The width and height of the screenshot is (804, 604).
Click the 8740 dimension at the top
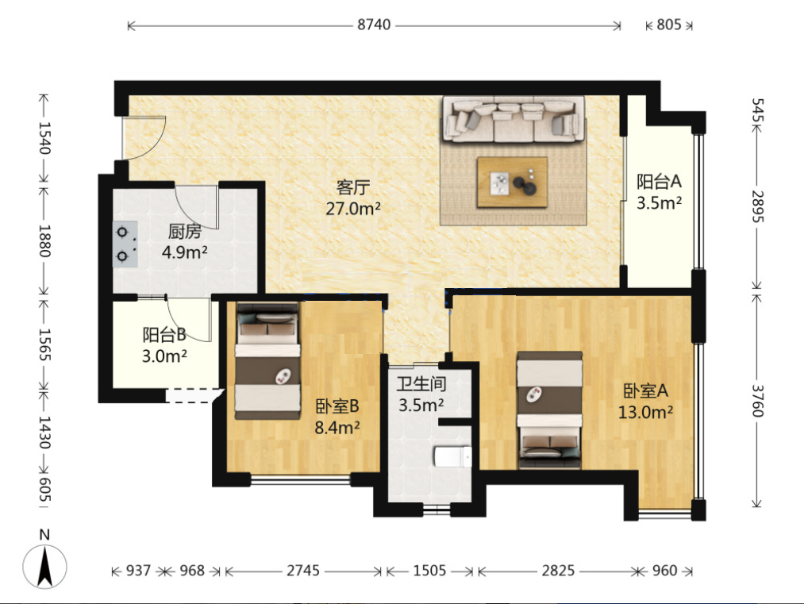(374, 25)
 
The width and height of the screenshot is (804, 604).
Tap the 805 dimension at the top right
(668, 25)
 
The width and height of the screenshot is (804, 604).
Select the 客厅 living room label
(352, 187)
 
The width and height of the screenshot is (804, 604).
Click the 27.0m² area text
(352, 209)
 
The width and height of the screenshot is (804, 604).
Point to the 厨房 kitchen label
(185, 231)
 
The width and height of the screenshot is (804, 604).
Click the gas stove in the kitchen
(125, 244)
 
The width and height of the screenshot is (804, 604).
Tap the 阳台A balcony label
(659, 182)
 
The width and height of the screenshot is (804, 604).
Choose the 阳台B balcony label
(164, 335)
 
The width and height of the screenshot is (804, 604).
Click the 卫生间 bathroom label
(421, 383)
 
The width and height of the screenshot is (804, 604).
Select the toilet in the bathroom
(452, 457)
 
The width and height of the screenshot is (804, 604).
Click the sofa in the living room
(514, 120)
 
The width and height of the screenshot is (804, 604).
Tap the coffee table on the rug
(512, 182)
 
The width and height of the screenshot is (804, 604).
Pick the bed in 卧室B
(267, 361)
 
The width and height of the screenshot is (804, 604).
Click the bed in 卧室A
(549, 410)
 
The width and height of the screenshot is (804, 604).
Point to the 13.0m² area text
(645, 412)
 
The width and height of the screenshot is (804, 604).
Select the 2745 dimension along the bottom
(303, 571)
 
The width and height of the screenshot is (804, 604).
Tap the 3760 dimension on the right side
(757, 401)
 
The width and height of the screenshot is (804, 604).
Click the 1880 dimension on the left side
(44, 240)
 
